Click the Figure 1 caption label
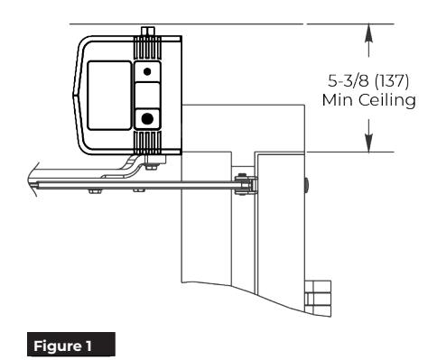pos(71,345)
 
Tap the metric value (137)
pos(392,80)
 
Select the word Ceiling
pos(387,99)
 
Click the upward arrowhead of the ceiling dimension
pos(369,33)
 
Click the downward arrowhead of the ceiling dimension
pos(369,143)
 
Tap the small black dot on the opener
pos(147,71)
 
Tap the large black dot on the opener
pos(147,119)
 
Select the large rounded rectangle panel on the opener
pos(109,96)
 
